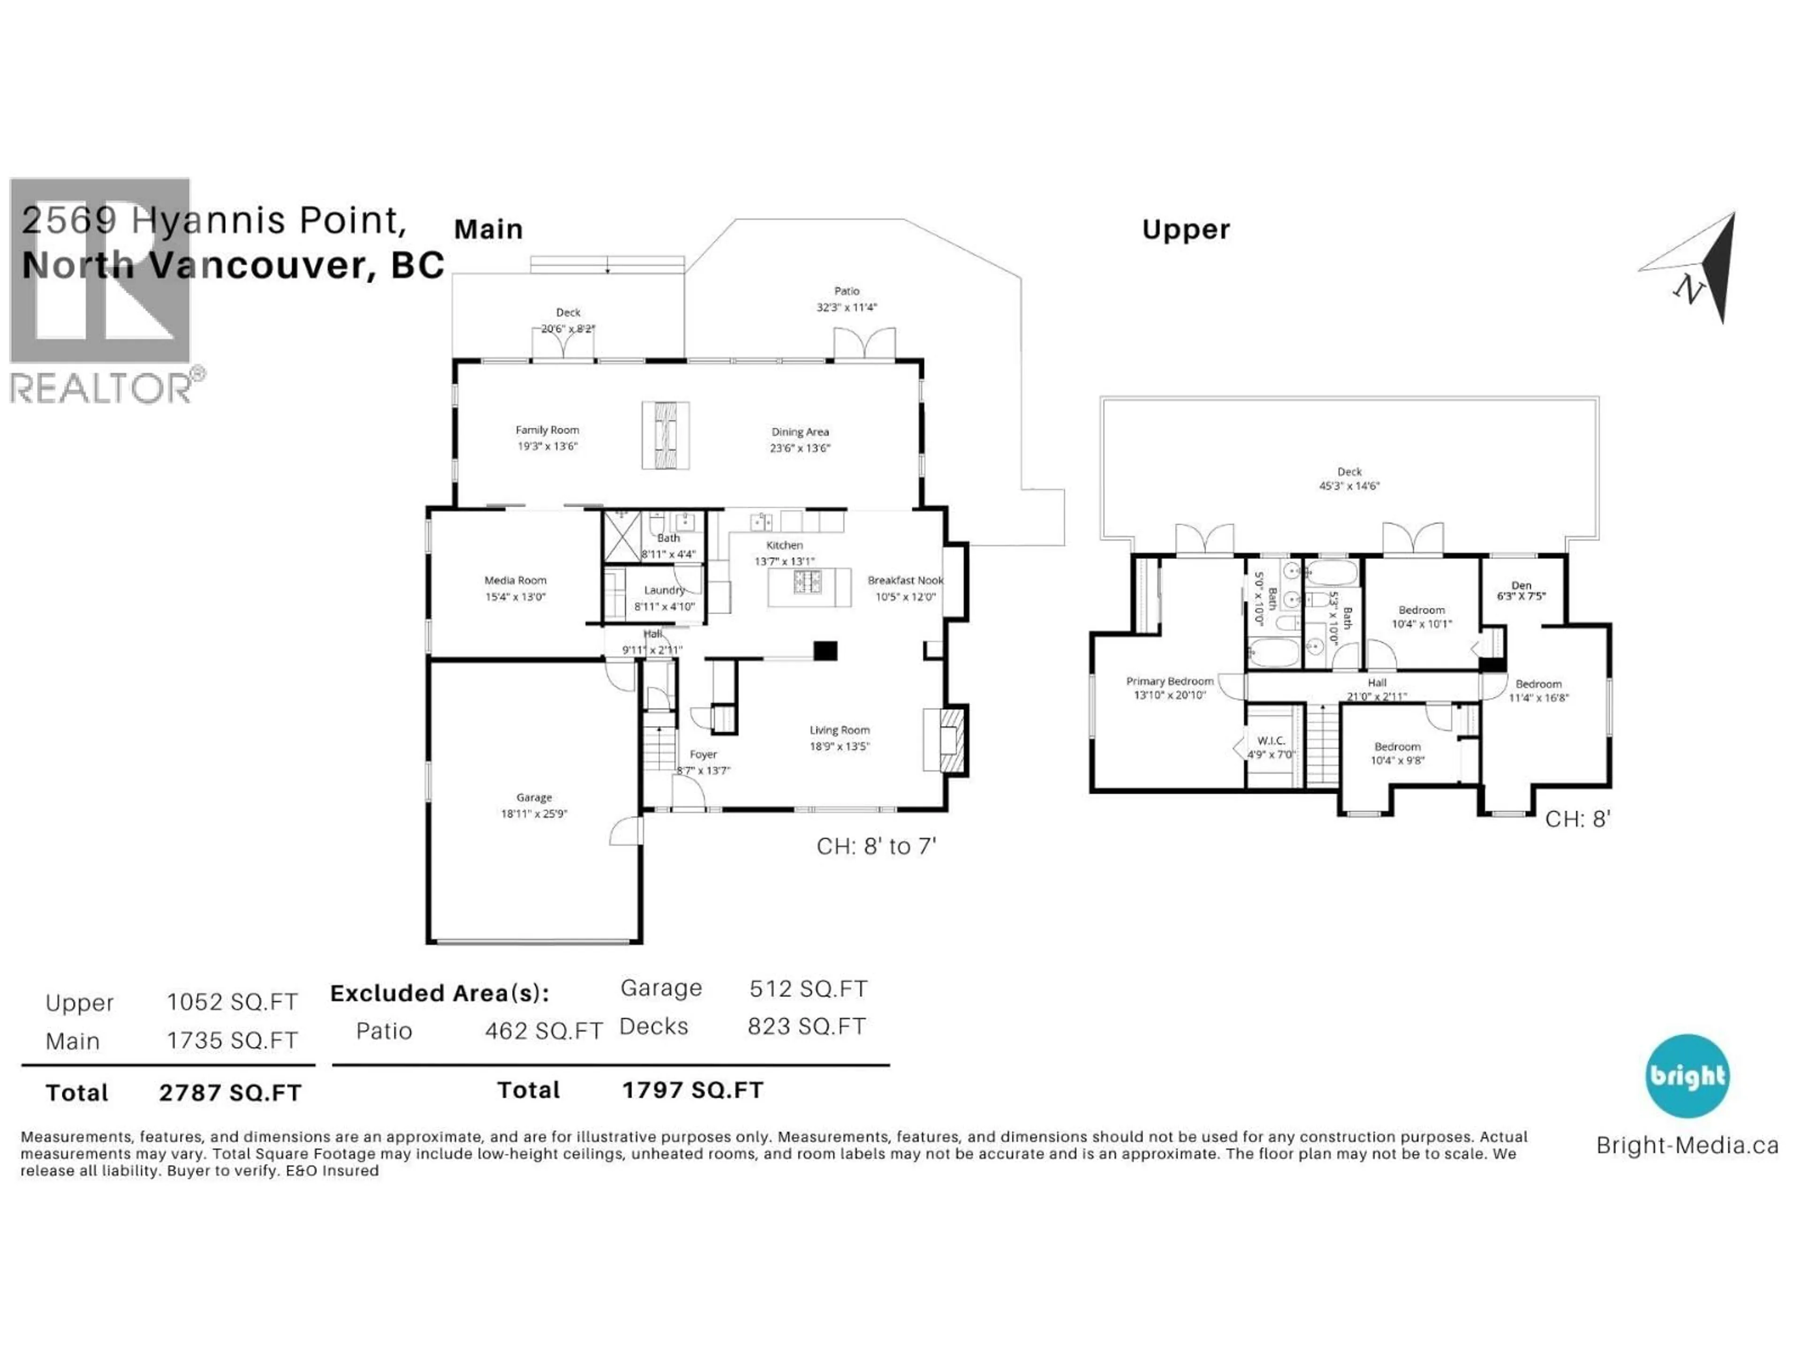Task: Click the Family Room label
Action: coord(547,430)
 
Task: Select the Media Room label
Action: coord(515,581)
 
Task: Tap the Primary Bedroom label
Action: coord(1169,681)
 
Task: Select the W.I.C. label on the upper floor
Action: coord(1271,740)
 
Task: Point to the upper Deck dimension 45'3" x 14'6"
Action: coord(1349,486)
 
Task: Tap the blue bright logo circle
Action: coord(1686,1076)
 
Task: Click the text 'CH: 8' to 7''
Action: coord(876,847)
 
